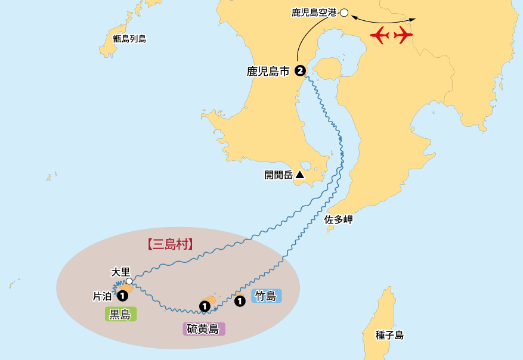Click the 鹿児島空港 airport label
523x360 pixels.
tap(314, 12)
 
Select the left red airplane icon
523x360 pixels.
tap(380, 36)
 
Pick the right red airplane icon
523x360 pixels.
tap(403, 36)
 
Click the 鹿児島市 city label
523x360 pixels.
tap(268, 72)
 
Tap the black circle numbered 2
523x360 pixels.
tap(300, 71)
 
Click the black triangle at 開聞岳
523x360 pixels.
tap(299, 175)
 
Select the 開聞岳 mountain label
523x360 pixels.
tap(278, 175)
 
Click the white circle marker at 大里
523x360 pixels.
tap(129, 281)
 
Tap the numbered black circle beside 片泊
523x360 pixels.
tap(122, 295)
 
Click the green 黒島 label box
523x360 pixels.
tap(120, 314)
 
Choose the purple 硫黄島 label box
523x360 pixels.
tap(203, 328)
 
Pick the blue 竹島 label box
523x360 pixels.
tap(266, 296)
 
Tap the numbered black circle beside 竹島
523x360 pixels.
tap(240, 301)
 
